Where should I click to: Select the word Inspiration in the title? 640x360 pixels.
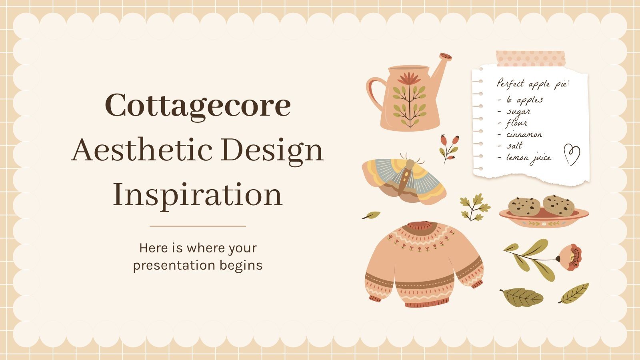(198, 195)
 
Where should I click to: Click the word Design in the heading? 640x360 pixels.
(272, 151)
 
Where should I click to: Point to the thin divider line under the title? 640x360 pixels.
(198, 226)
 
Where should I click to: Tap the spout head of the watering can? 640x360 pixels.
(445, 57)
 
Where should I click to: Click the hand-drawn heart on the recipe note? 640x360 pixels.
(572, 154)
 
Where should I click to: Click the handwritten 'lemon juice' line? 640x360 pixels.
(528, 158)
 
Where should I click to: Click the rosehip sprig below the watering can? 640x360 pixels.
(448, 148)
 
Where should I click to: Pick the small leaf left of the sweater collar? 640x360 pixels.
(371, 216)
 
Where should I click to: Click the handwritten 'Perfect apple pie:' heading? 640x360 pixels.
(533, 84)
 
